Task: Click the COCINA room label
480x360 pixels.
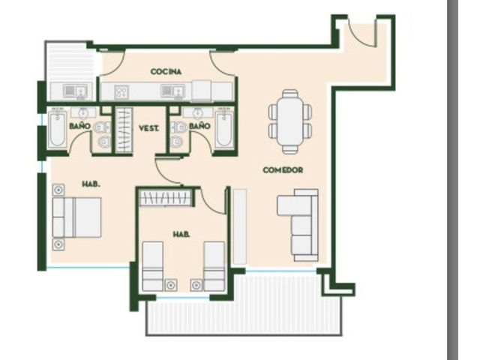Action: [166, 72]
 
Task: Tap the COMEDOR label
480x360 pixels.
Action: [283, 170]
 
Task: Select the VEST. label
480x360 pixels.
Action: [149, 128]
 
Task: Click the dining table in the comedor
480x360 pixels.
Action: [290, 121]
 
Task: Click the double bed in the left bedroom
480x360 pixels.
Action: [76, 217]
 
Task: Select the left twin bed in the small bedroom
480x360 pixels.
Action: [153, 266]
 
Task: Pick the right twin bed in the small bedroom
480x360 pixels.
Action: [214, 266]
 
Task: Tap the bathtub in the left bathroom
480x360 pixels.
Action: [57, 129]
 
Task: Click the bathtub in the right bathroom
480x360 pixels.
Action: [225, 129]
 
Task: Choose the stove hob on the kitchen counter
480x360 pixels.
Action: [121, 91]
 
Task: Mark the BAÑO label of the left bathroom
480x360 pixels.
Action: [80, 126]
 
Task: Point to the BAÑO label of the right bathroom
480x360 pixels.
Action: [199, 126]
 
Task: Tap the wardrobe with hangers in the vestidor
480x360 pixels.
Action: [124, 130]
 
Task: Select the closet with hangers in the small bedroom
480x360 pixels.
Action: [166, 198]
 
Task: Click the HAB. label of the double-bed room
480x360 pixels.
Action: [91, 184]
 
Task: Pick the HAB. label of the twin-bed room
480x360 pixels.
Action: [181, 235]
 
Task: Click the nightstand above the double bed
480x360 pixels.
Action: [58, 190]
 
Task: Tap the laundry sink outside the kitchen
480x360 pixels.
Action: [75, 91]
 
